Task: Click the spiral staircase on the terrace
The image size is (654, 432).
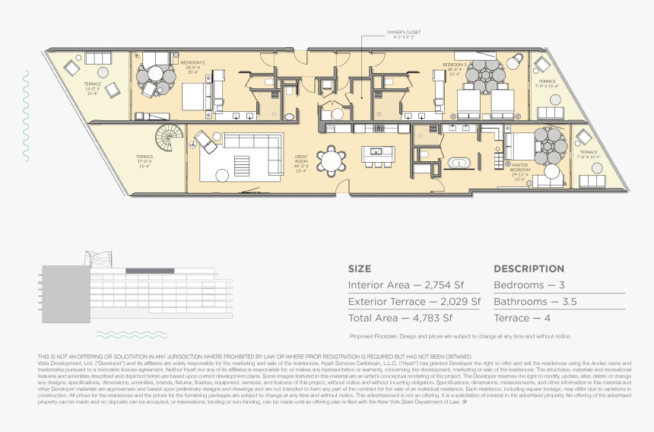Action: (x=169, y=139)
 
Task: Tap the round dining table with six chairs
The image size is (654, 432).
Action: (x=331, y=160)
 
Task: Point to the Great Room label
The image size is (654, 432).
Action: (x=301, y=164)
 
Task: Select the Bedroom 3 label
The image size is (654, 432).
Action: (x=454, y=68)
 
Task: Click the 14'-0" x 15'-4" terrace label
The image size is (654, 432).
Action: (x=92, y=88)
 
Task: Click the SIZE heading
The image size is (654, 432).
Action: (x=360, y=268)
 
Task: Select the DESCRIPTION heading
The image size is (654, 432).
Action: (x=529, y=268)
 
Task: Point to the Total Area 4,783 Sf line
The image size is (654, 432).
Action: (x=400, y=318)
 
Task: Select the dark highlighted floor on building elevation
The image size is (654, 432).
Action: (x=149, y=271)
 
